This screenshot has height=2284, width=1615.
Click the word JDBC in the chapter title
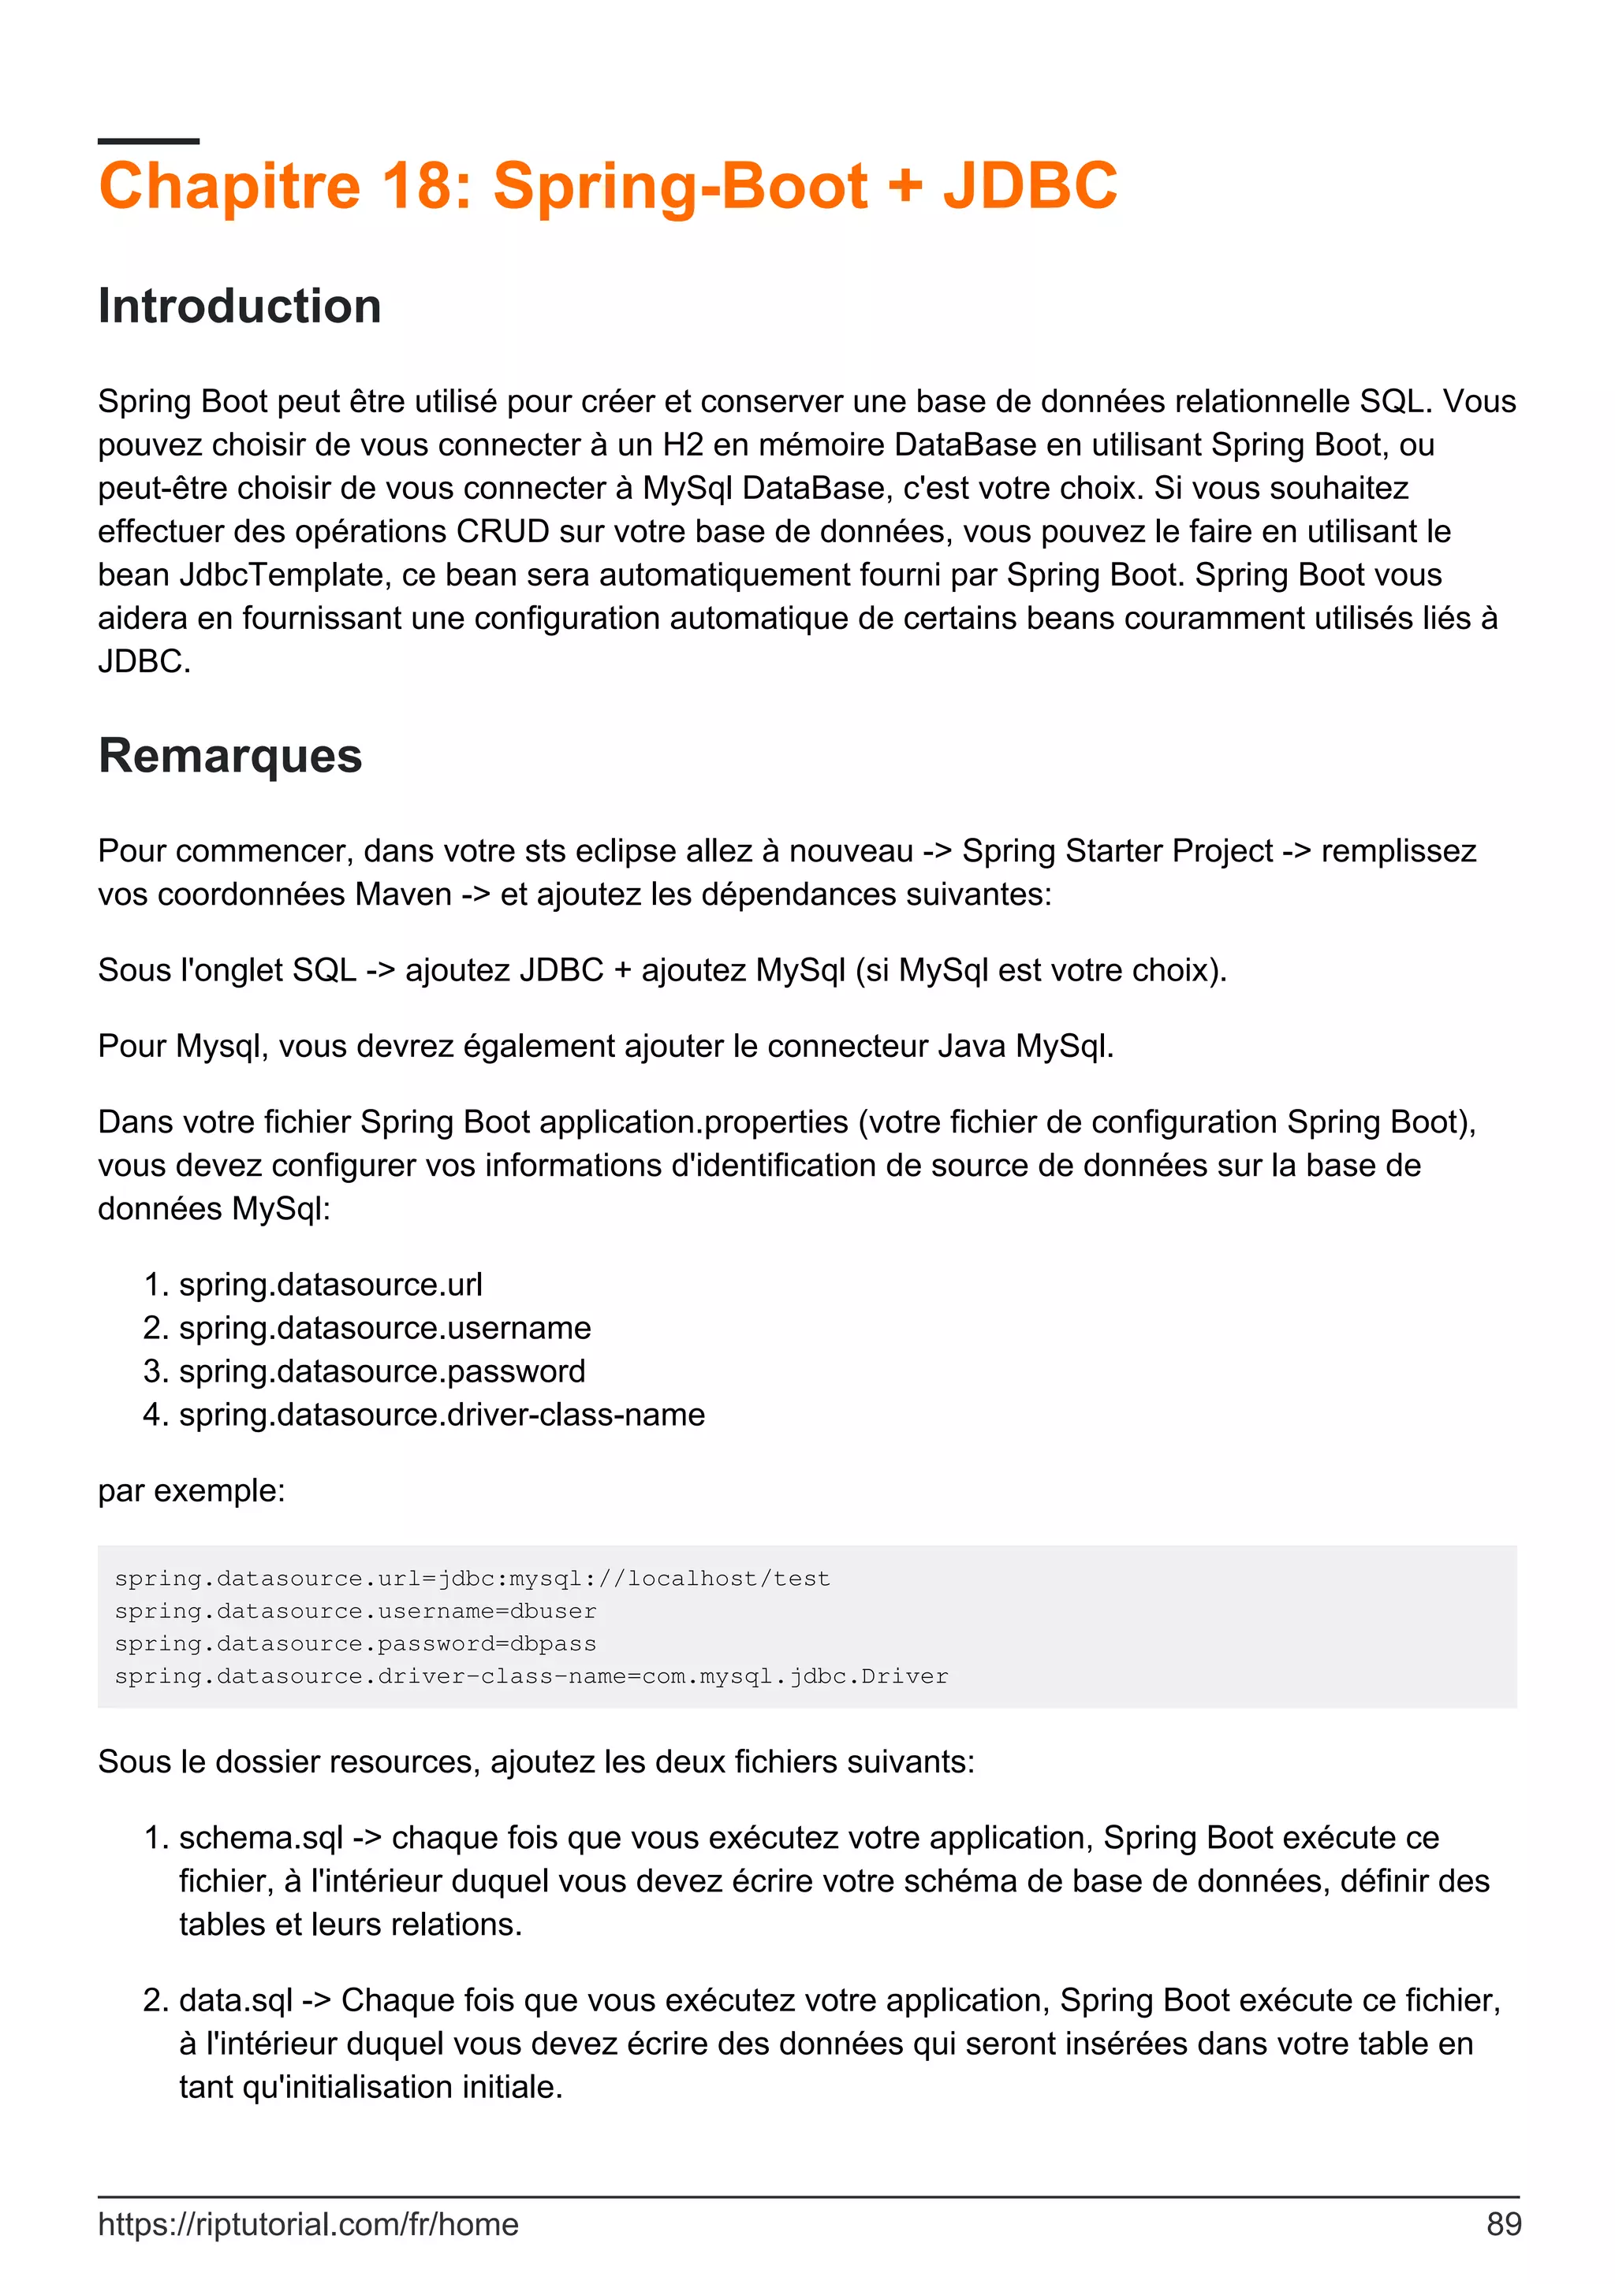1030,186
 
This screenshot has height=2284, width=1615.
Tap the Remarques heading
229,755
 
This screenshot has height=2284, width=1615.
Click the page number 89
1502,2223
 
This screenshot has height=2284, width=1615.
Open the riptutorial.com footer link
308,2223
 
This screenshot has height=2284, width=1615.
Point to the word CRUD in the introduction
502,531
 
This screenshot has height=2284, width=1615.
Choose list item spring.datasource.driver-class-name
442,1415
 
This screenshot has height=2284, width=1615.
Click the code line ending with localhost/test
472,1579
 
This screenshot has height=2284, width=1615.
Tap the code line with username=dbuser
355,1612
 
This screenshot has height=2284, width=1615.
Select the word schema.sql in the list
261,1837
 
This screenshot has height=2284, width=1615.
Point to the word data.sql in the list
236,1999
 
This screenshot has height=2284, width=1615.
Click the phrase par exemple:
191,1490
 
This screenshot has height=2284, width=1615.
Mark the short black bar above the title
148,141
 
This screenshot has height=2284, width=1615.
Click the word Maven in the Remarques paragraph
404,895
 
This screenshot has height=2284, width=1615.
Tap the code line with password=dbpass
355,1643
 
